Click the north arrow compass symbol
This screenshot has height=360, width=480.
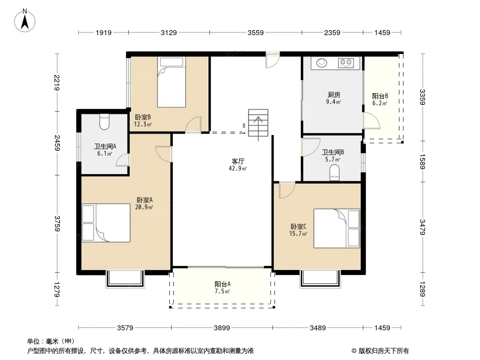click(25, 21)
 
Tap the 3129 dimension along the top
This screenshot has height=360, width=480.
click(169, 33)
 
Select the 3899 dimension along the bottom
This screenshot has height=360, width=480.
click(222, 328)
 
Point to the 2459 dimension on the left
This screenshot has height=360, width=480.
click(57, 143)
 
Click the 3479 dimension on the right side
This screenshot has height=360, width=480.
click(422, 227)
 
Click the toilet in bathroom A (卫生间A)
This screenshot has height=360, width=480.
click(104, 121)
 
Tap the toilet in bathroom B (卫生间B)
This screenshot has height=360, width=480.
click(335, 172)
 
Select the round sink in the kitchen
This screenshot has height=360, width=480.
click(322, 63)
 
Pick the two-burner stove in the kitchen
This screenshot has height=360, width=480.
click(346, 63)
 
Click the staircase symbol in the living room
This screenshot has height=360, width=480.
click(258, 123)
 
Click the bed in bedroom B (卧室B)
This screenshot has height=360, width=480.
click(172, 82)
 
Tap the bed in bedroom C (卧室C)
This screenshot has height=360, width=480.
click(337, 228)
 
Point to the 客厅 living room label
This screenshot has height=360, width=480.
click(238, 161)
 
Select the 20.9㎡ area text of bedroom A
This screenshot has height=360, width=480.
click(144, 207)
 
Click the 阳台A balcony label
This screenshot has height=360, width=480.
click(222, 284)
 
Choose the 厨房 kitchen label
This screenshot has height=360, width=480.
click(334, 95)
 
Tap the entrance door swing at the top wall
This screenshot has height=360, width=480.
click(272, 60)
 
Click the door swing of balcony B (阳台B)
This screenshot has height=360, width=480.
click(371, 121)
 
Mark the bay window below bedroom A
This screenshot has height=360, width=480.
click(125, 279)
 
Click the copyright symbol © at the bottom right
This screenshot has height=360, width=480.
click(354, 351)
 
